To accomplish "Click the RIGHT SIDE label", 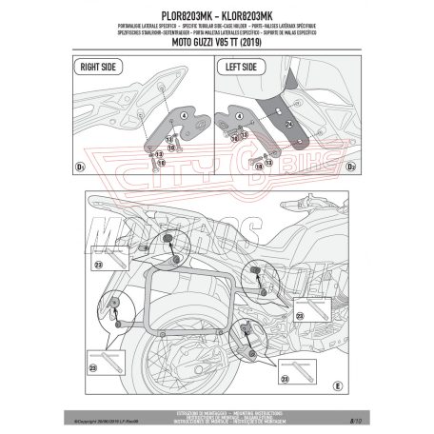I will point(99,68).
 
